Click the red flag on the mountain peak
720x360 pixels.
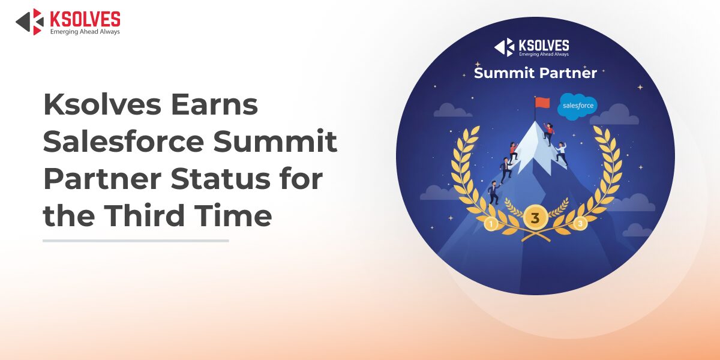pos(542,103)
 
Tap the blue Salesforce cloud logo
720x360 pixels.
pos(577,106)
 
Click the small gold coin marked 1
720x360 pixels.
pos(491,224)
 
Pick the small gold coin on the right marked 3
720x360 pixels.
pos(580,224)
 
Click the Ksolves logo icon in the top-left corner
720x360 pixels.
pos(29,21)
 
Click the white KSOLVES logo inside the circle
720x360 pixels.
pos(532,47)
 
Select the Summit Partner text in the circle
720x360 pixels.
pos(535,73)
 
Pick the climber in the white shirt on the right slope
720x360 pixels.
pos(561,153)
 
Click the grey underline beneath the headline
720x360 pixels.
pos(136,241)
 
